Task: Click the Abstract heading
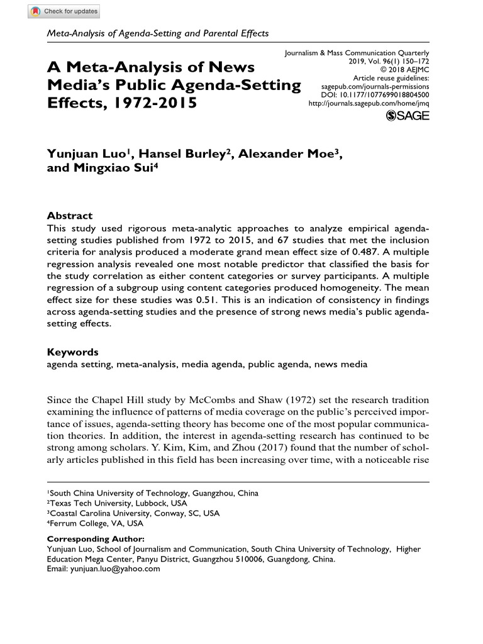coord(70,215)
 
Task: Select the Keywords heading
coord(73,352)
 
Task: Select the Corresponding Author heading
coord(96,539)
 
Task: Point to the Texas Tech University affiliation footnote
coord(117,504)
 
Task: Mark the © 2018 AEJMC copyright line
coord(406,70)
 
